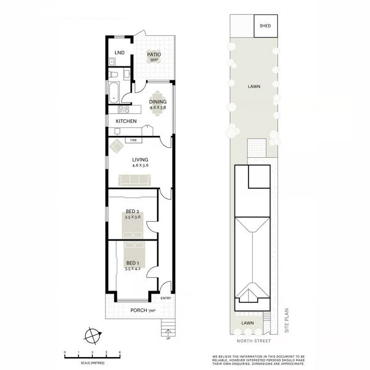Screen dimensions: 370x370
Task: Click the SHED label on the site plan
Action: pyautogui.click(x=265, y=26)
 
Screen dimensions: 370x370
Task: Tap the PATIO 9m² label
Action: pyautogui.click(x=154, y=57)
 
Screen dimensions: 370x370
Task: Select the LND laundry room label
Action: pyautogui.click(x=119, y=53)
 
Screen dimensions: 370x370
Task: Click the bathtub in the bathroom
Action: pyautogui.click(x=114, y=92)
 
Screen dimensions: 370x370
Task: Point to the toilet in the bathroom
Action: pyautogui.click(x=113, y=74)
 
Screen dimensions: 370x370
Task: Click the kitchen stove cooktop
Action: pyautogui.click(x=123, y=109)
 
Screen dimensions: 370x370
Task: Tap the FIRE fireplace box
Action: pyautogui.click(x=133, y=140)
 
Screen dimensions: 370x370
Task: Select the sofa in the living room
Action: pyautogui.click(x=135, y=180)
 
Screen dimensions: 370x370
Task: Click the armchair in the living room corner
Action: pyautogui.click(x=117, y=146)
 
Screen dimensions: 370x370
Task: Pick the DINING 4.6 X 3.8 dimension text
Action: pyautogui.click(x=158, y=107)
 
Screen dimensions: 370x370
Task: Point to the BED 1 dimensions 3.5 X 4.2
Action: pyautogui.click(x=133, y=269)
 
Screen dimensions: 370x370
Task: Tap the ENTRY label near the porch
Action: pyautogui.click(x=166, y=298)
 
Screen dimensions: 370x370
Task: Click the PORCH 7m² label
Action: pyautogui.click(x=143, y=310)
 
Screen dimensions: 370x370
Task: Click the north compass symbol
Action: pyautogui.click(x=93, y=336)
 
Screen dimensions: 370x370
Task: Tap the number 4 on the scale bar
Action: pyautogui.click(x=120, y=352)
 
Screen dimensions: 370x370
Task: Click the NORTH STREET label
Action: pyautogui.click(x=253, y=341)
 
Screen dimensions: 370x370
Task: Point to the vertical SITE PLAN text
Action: pyautogui.click(x=287, y=321)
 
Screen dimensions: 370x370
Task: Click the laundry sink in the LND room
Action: pyautogui.click(x=111, y=62)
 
